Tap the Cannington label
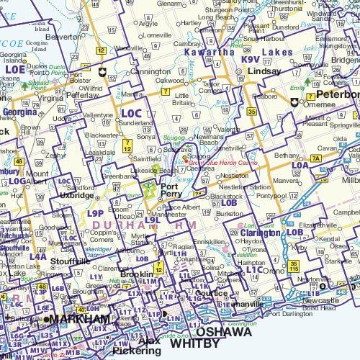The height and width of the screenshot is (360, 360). pos(150,72)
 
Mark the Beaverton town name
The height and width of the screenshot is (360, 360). pos(62,36)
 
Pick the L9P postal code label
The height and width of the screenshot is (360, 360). pos(95,214)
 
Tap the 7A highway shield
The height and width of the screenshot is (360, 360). pos(316,157)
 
